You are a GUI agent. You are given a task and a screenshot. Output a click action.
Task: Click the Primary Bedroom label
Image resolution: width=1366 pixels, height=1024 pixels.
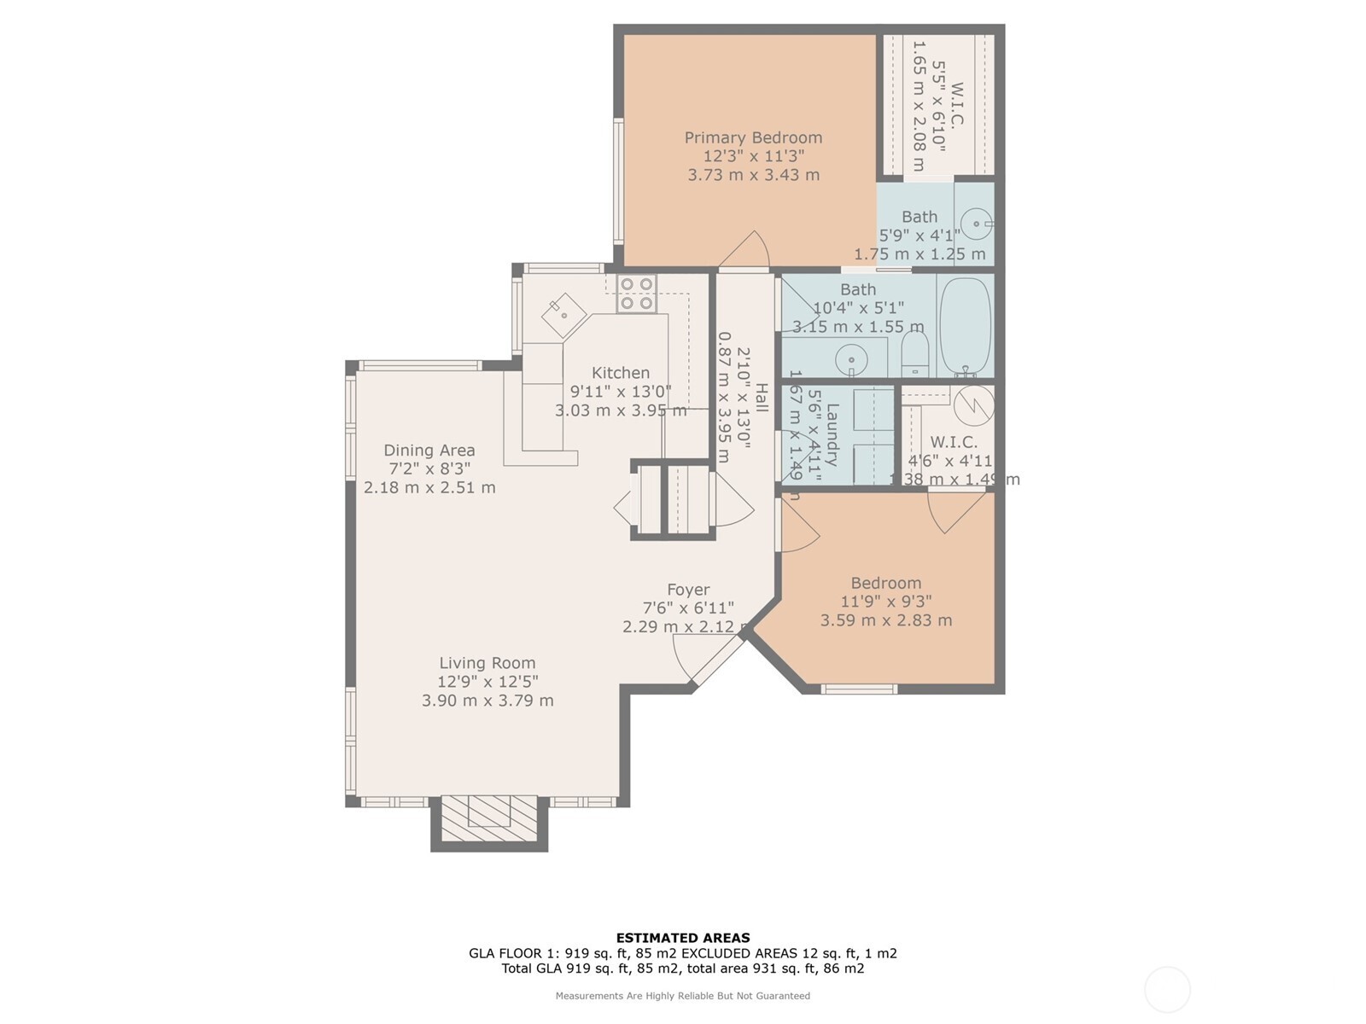click(753, 137)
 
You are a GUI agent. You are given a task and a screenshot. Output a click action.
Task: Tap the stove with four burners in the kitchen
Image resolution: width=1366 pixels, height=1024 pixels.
click(637, 294)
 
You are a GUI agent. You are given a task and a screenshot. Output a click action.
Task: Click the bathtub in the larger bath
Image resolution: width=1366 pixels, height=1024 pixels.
click(966, 327)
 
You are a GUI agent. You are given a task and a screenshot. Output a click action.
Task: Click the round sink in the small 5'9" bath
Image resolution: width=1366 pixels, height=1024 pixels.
click(975, 224)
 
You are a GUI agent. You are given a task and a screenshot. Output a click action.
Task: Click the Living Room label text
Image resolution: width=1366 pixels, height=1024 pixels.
click(487, 663)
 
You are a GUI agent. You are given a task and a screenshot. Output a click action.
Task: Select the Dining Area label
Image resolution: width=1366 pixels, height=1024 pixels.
click(429, 451)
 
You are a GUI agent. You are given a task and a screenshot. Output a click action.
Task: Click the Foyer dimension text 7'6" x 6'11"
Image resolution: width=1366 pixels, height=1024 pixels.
click(688, 608)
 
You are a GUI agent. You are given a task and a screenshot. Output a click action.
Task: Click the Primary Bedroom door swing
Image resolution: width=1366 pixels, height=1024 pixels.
click(744, 251)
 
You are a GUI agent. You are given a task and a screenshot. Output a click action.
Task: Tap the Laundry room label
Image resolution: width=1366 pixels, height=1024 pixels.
click(832, 434)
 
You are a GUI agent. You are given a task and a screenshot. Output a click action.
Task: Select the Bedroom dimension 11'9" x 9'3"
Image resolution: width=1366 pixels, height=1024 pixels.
click(886, 602)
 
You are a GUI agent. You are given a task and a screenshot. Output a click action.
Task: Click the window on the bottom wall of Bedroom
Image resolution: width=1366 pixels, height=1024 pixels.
click(859, 689)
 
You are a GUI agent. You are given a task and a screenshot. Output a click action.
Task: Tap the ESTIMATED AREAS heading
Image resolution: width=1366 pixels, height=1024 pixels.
click(683, 938)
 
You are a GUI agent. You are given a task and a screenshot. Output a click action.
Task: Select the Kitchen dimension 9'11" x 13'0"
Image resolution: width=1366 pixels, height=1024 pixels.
click(621, 392)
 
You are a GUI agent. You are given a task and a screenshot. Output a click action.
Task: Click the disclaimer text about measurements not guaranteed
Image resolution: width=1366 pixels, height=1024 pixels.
click(683, 996)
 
